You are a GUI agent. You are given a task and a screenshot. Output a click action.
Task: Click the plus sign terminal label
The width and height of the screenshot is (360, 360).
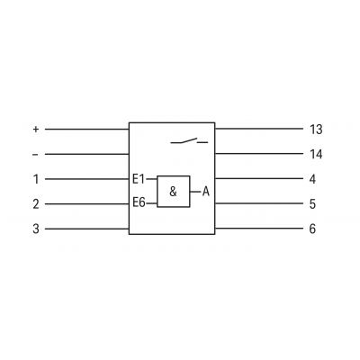point(36,130)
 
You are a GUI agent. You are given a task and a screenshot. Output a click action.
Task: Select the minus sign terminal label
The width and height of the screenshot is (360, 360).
point(35,155)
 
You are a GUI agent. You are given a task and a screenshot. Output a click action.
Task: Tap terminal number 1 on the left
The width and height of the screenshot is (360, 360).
point(36,179)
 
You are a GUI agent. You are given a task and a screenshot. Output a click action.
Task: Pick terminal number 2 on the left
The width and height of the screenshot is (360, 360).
point(36,204)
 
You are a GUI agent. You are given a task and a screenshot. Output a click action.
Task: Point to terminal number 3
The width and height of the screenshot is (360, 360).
point(36,229)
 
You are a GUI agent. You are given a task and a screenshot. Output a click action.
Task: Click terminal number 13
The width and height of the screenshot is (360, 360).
point(316,130)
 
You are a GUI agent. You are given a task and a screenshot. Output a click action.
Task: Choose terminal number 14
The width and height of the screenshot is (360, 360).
point(316,154)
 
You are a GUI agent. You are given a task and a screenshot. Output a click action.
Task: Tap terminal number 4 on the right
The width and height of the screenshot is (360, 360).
point(312,179)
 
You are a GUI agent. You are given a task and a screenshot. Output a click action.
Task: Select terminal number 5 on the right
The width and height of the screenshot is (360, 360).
point(312,204)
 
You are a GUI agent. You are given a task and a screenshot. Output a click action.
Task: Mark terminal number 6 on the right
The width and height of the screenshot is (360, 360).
point(312,229)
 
